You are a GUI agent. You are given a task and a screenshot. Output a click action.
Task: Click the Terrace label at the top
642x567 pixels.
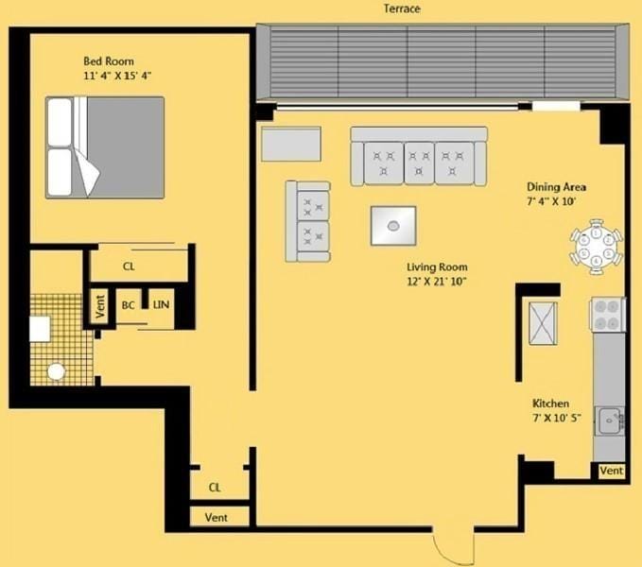(402, 9)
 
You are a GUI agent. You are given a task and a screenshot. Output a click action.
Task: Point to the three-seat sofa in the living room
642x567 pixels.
(419, 158)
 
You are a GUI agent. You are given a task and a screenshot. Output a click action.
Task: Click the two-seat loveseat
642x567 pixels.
(309, 221)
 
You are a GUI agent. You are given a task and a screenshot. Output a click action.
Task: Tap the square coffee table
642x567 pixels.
(393, 225)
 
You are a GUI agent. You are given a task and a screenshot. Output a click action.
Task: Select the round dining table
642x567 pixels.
(597, 247)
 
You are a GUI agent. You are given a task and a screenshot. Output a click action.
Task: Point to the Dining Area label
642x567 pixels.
(556, 187)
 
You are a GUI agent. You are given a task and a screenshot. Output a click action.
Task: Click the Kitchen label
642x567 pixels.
(550, 404)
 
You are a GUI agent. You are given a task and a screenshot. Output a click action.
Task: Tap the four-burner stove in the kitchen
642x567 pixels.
(609, 314)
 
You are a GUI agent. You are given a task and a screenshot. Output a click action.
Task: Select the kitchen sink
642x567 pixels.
(611, 418)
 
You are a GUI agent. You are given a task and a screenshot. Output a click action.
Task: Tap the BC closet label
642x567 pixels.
(129, 305)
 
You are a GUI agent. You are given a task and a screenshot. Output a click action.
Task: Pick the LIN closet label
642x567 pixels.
(162, 305)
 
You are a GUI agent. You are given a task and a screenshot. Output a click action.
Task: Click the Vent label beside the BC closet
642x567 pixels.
(99, 306)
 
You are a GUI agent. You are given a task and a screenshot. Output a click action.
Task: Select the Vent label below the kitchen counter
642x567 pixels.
(611, 471)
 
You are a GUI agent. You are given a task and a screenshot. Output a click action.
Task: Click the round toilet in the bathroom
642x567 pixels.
(57, 372)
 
